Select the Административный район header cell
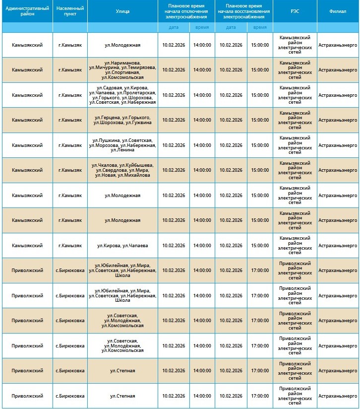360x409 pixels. (x=26, y=11)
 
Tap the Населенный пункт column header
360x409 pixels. (x=70, y=11)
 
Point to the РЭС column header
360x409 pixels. (x=295, y=11)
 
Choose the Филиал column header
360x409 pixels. (x=338, y=11)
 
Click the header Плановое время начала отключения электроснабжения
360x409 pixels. (x=186, y=11)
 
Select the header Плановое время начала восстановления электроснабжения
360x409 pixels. (x=243, y=11)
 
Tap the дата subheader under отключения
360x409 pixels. (x=174, y=27)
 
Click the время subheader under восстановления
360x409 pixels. (x=260, y=27)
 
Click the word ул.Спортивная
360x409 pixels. (x=122, y=72)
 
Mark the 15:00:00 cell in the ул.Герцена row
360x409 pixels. (x=260, y=120)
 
